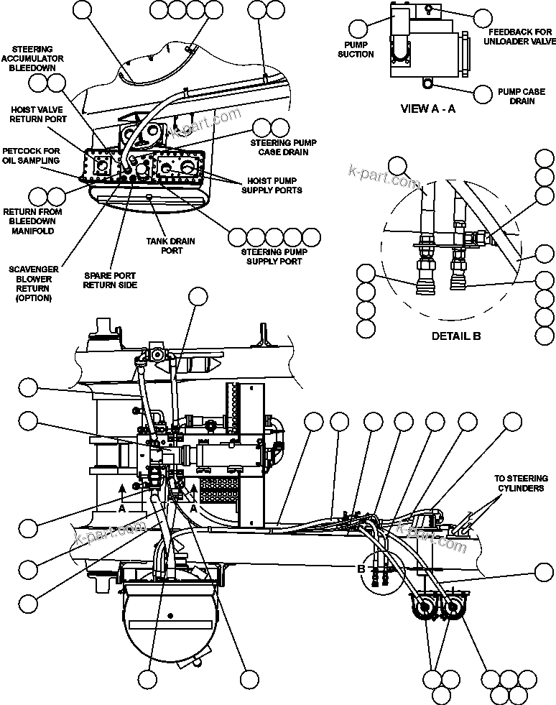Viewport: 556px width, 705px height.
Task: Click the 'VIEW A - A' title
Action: point(427,109)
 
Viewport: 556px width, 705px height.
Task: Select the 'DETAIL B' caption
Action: point(456,336)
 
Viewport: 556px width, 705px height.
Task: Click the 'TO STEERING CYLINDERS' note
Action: point(521,483)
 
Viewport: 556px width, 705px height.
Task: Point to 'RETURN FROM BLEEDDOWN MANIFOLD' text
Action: point(32,221)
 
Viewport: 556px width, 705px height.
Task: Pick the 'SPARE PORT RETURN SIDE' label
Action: point(109,280)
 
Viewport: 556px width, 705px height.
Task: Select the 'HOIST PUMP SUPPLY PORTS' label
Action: point(274,185)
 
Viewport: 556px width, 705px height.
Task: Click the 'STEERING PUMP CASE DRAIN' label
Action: point(279,147)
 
